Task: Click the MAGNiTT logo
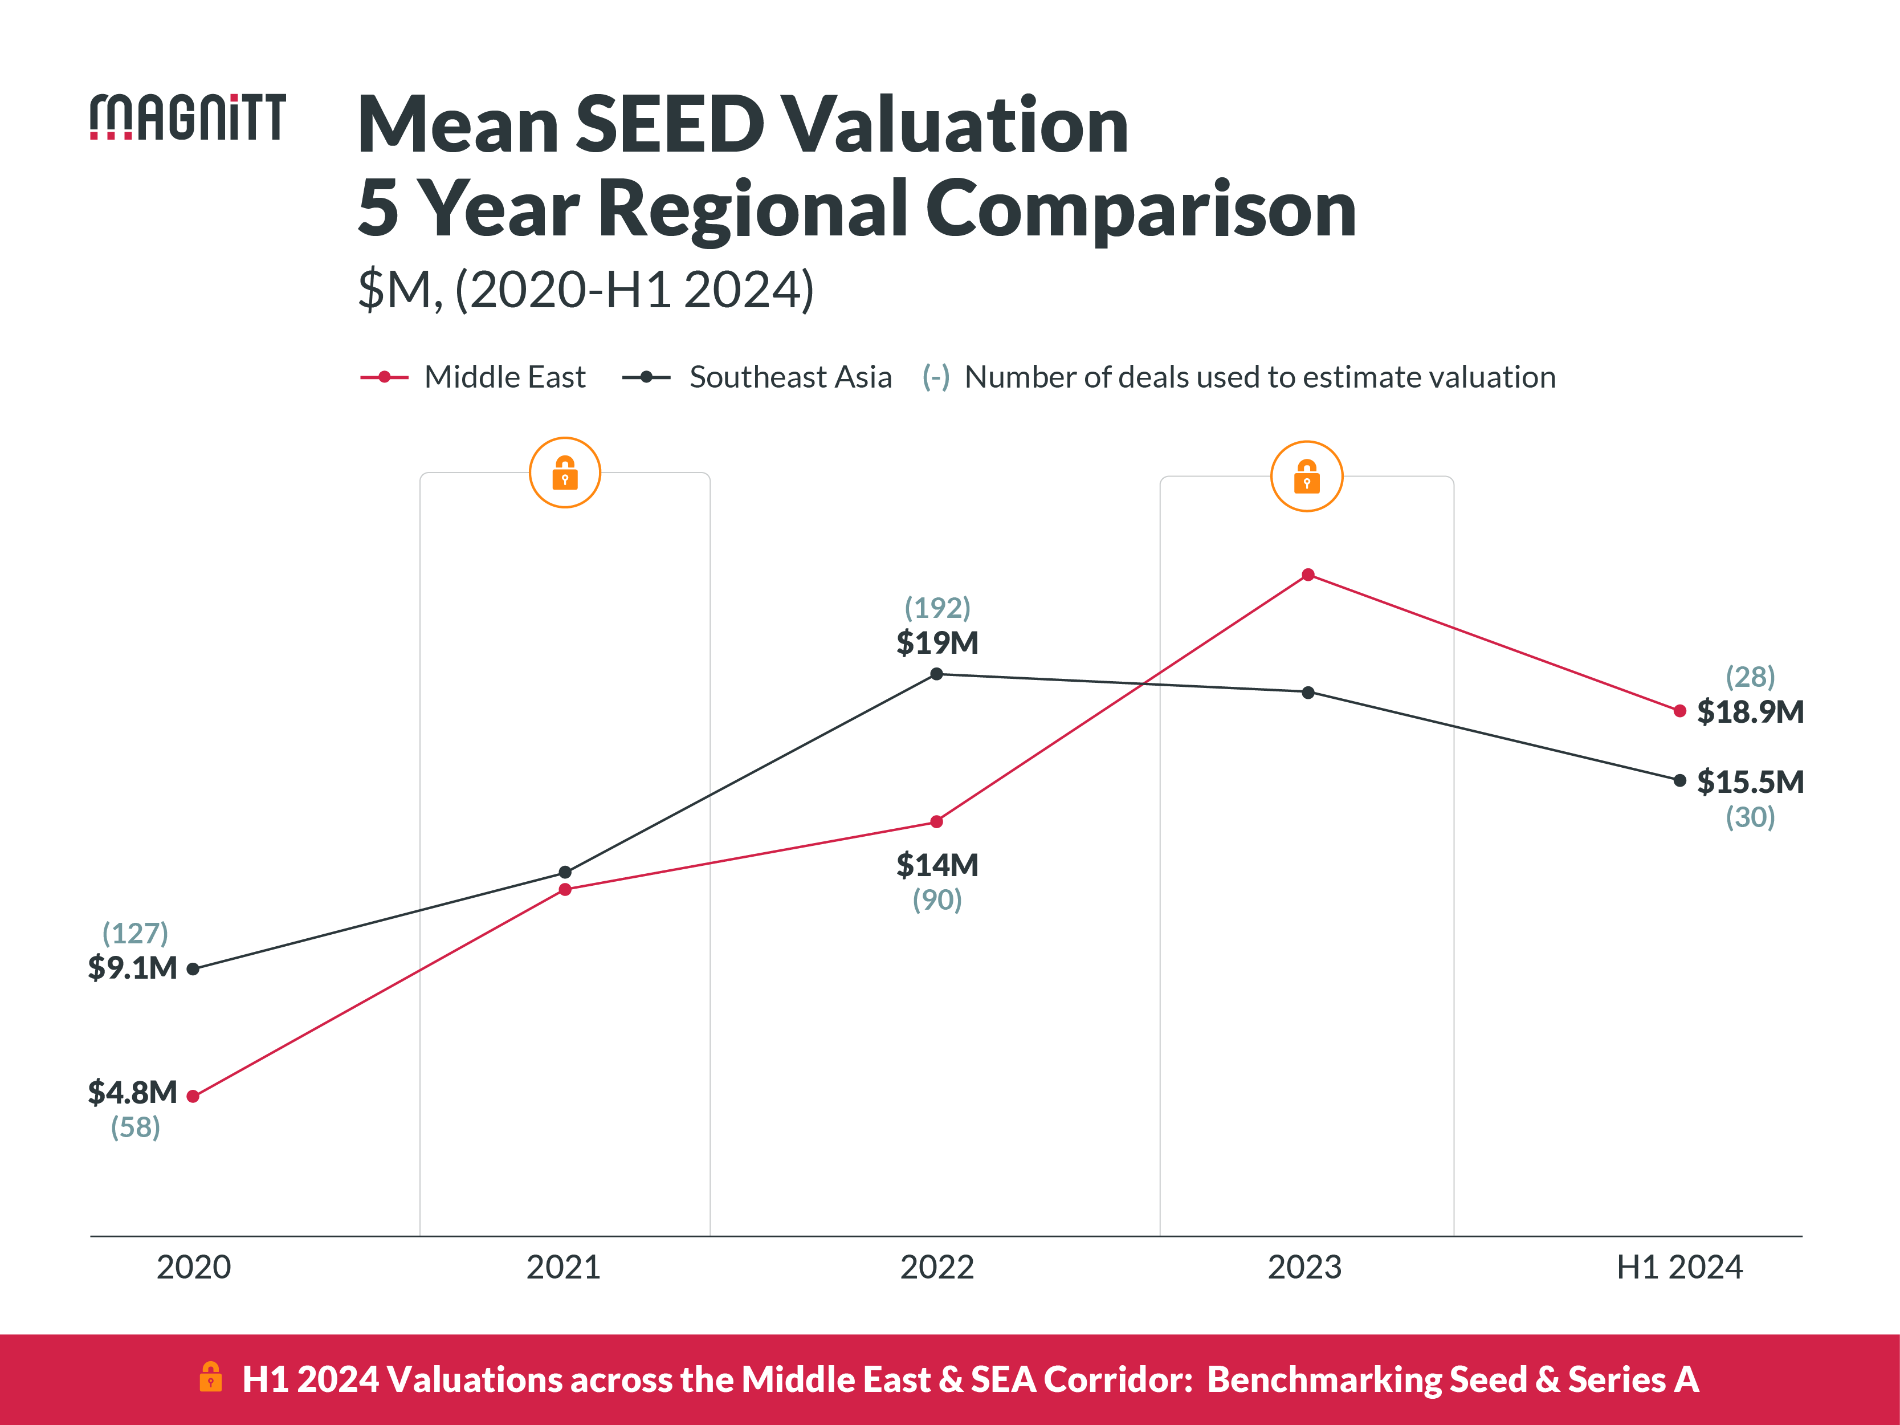click(187, 117)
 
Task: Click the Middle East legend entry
click(472, 377)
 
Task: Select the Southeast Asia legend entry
click(757, 377)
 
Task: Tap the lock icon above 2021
click(564, 473)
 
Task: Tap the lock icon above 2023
click(1307, 476)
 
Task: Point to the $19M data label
click(937, 642)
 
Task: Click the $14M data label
click(937, 865)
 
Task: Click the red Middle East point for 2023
click(1307, 575)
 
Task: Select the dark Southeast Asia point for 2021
click(564, 872)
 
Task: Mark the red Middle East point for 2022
click(936, 822)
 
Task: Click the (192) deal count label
click(937, 607)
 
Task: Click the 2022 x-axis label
click(936, 1267)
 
